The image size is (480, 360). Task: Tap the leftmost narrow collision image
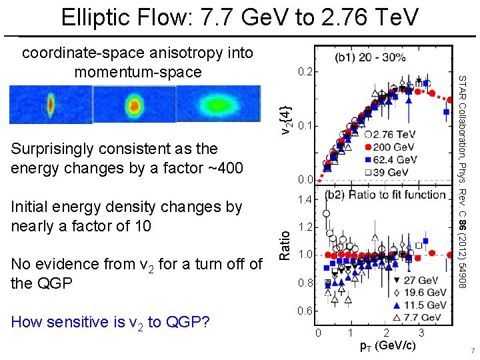pyautogui.click(x=51, y=105)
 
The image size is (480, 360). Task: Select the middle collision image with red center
pyautogui.click(x=135, y=105)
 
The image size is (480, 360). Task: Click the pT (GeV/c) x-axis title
pyautogui.click(x=387, y=345)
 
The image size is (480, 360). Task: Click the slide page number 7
pyautogui.click(x=470, y=351)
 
